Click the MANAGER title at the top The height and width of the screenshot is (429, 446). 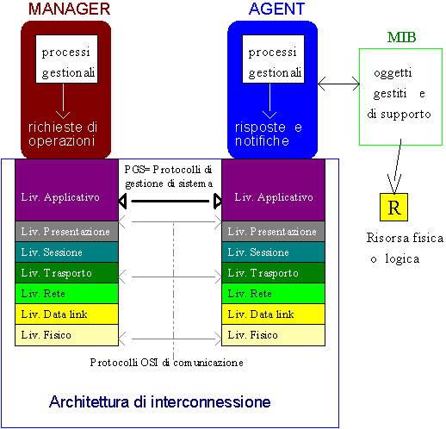coord(69,9)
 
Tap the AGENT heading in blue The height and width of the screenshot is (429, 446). coord(276,9)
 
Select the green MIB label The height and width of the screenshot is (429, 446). coord(401,37)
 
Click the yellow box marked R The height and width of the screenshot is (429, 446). coord(393,207)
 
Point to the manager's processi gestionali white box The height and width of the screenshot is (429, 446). coord(66,59)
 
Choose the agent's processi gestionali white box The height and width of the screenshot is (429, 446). coord(273,59)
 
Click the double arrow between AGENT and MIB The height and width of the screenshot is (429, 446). coord(338,84)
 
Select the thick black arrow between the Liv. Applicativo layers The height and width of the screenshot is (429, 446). coord(170,201)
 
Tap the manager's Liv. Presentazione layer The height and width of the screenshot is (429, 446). coord(66,232)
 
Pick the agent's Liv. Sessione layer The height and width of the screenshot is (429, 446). coord(273,252)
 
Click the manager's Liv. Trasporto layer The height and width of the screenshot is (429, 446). coord(66,273)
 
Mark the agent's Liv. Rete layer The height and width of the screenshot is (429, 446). coord(273,294)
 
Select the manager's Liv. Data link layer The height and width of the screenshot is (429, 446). coord(66,314)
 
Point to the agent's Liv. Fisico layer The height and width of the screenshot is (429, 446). coord(273,335)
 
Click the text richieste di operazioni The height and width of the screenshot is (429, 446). coord(63,134)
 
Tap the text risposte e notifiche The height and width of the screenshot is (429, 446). coord(269,134)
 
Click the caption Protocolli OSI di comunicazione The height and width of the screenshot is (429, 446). coord(166,363)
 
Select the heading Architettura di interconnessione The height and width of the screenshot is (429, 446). coord(160,401)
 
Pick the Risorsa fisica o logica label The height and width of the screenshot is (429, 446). coord(405,248)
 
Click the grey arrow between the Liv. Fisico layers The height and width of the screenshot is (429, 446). coord(170,339)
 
